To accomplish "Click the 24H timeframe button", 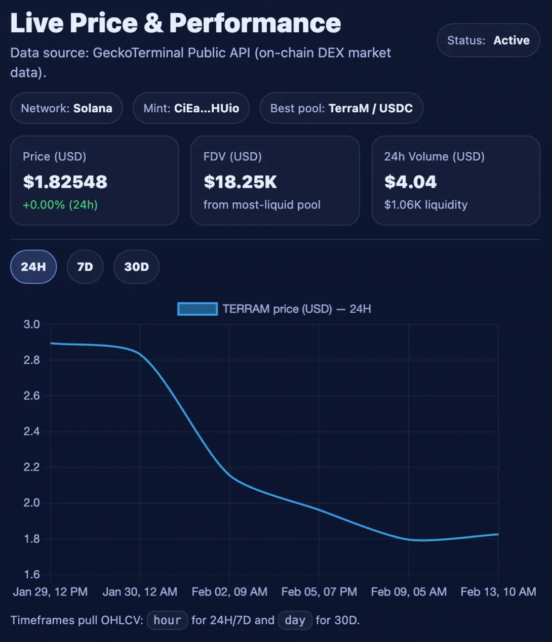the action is [x=33, y=267].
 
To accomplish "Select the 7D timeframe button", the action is [x=85, y=267].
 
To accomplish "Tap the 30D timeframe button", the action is [x=137, y=267].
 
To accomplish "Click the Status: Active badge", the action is [x=488, y=40].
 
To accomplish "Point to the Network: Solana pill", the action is [x=66, y=108].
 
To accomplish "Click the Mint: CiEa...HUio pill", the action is [x=191, y=108].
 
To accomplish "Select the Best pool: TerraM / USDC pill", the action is [x=341, y=108].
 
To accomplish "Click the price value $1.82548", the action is [x=65, y=182].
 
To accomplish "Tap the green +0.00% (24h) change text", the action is [x=60, y=205].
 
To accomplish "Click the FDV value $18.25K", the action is [x=241, y=182].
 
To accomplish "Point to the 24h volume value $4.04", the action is [x=411, y=182].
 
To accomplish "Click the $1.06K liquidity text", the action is [x=426, y=205].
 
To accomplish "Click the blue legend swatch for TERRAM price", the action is [x=198, y=309].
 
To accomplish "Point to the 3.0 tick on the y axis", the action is [x=32, y=324].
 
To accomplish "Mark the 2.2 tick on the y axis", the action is [x=32, y=467].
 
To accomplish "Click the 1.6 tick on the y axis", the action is [x=32, y=574].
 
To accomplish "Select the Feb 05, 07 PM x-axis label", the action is [x=319, y=592].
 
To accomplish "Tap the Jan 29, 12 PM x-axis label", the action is [x=50, y=592].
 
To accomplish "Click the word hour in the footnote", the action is [x=167, y=620].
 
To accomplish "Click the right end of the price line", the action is [x=498, y=534].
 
